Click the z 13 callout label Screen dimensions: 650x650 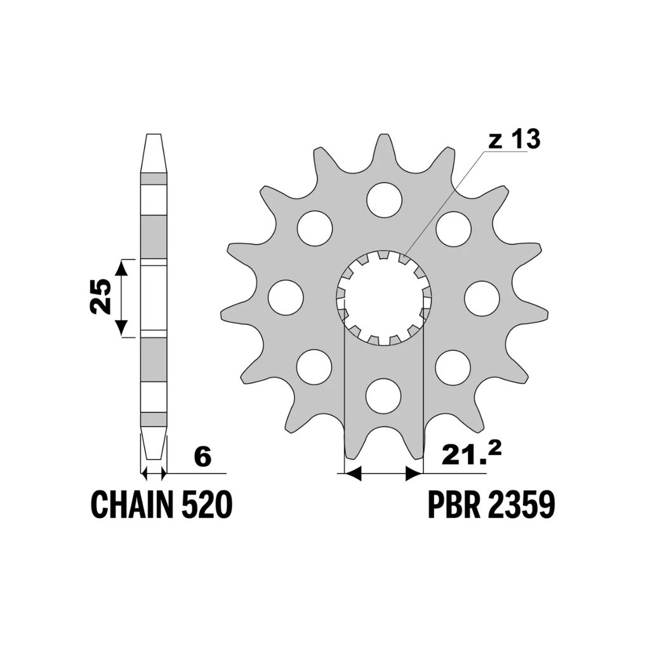click(x=514, y=139)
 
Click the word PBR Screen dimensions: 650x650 click(x=453, y=504)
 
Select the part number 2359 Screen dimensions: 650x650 click(x=521, y=504)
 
